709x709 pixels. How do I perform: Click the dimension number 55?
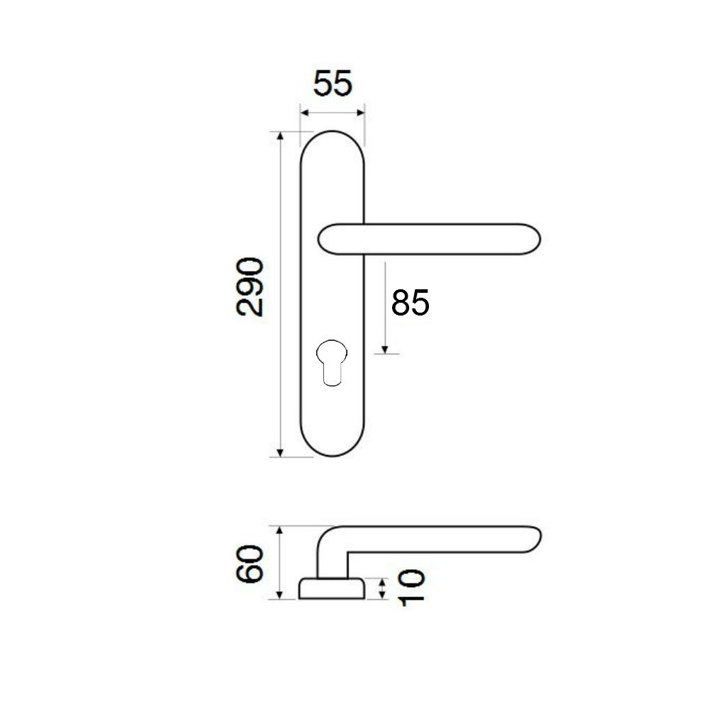tap(333, 84)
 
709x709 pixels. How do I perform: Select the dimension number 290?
tap(250, 286)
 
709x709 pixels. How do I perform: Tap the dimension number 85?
tap(410, 303)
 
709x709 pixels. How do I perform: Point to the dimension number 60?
tap(250, 564)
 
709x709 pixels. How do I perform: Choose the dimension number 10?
tap(411, 587)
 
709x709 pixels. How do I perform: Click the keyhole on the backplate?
tap(332, 362)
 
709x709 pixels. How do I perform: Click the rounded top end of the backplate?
tap(332, 132)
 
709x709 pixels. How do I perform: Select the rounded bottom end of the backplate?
tap(332, 455)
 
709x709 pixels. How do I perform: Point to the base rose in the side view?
tap(331, 588)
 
